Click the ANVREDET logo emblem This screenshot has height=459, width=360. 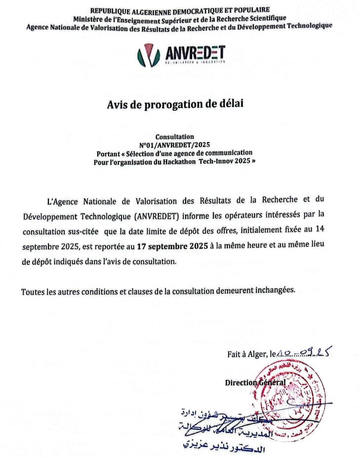[149, 55]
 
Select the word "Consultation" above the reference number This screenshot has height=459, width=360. [174, 137]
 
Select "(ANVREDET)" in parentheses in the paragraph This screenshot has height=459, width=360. [157, 215]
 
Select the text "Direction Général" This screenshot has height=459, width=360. [255, 382]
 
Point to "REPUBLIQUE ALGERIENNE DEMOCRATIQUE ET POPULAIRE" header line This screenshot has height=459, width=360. [180, 10]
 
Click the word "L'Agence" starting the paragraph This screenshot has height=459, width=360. [62, 200]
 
